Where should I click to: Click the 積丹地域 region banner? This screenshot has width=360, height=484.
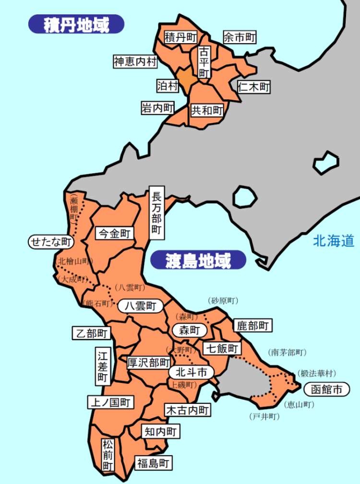coord(76,24)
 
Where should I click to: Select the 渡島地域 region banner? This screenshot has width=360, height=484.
coord(198,261)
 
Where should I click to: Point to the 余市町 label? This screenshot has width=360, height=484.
coord(239,37)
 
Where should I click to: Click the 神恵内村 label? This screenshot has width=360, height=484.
coord(135,61)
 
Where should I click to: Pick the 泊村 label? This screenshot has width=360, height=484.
coord(168,86)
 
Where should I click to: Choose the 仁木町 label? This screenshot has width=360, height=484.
coord(253,87)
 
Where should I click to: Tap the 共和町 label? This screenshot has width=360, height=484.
coord(207,111)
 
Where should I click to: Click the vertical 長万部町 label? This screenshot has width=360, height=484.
coord(156,212)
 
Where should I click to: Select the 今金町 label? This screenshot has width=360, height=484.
coord(114,234)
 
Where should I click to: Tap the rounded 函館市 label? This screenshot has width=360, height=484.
coord(326,390)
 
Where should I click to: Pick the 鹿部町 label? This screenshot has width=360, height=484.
coord(252,326)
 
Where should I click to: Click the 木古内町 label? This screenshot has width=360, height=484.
coord(187,410)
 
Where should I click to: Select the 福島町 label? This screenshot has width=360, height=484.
coord(153,463)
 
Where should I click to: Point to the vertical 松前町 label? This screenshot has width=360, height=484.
coord(107,455)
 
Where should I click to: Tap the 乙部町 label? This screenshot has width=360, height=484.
coord(90,333)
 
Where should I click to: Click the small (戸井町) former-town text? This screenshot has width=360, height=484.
coord(264,416)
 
